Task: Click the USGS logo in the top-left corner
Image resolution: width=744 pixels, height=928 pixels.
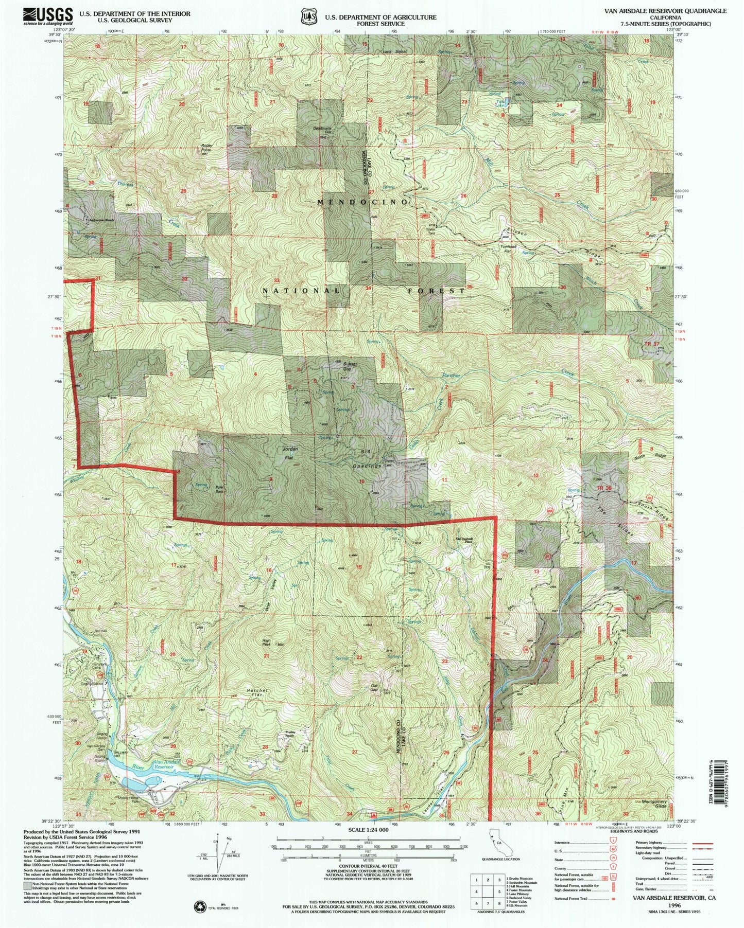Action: click(x=48, y=16)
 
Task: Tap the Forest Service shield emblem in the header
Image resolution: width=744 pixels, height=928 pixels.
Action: click(x=308, y=16)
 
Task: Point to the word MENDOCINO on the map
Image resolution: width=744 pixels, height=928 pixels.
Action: click(x=364, y=202)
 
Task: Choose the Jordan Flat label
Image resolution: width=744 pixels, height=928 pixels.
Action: click(x=290, y=453)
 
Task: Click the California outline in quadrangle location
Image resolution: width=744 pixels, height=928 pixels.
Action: click(x=496, y=857)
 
